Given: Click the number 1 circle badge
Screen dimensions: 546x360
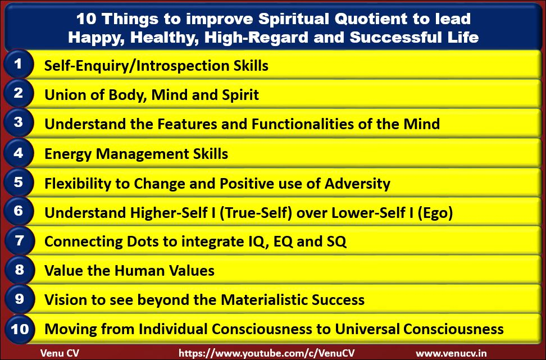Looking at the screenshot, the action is (19, 64).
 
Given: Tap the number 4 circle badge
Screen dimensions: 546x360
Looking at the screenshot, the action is (19, 153).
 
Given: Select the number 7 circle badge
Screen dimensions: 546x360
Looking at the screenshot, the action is (19, 240).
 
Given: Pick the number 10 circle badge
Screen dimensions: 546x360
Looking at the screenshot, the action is (20, 329).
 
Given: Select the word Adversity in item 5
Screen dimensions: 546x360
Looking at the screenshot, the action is (357, 184).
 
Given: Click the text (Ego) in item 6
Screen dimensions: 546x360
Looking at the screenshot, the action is (435, 213).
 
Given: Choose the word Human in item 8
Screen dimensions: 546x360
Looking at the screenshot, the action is (140, 271).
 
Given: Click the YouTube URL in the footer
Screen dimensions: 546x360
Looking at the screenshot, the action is (267, 353).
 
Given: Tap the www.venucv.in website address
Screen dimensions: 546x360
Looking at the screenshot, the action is (451, 354).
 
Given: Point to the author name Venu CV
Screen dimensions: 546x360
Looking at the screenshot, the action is (60, 353).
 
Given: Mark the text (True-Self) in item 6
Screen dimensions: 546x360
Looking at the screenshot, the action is (256, 213).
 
